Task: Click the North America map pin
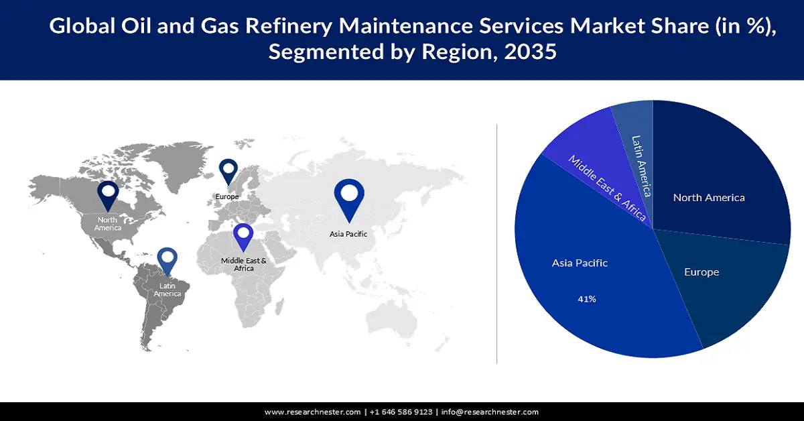108,194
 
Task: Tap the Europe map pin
228,170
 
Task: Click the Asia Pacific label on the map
348,234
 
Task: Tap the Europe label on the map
227,196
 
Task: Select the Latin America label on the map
167,290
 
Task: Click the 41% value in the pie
587,299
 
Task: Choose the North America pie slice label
709,198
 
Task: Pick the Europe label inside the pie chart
701,272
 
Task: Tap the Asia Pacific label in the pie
580,263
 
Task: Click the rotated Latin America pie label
641,166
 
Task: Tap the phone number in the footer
401,412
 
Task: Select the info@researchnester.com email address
490,412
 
